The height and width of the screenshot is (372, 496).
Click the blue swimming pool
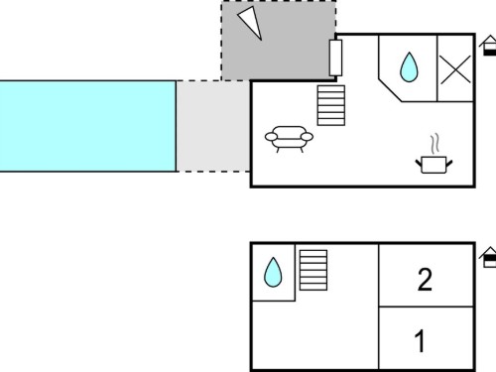[x=87, y=126]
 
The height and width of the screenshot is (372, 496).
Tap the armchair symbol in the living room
[x=289, y=139]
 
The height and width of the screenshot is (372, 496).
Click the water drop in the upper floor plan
[x=409, y=67]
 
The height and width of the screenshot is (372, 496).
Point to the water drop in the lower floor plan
[x=273, y=272]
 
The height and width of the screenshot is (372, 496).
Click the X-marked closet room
[x=455, y=68]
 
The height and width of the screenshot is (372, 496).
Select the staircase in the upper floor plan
[x=331, y=105]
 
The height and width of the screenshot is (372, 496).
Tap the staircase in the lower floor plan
[x=313, y=270]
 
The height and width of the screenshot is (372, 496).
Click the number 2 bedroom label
[x=425, y=280]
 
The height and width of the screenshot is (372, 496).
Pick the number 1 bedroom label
[x=421, y=341]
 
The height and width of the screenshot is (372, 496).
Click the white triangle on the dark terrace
[x=251, y=22]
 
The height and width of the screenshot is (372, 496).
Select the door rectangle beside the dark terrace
[x=335, y=58]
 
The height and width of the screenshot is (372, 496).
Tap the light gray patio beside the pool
[x=213, y=126]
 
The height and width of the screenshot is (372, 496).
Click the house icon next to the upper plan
[x=488, y=46]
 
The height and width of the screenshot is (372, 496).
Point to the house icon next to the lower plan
[x=488, y=257]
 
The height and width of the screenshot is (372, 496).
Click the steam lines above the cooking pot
[x=435, y=144]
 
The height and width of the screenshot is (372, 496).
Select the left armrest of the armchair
[x=271, y=137]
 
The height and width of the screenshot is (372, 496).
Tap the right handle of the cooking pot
[x=449, y=163]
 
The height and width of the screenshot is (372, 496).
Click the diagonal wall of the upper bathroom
[x=391, y=89]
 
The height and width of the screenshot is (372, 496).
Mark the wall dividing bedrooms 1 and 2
[x=427, y=307]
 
